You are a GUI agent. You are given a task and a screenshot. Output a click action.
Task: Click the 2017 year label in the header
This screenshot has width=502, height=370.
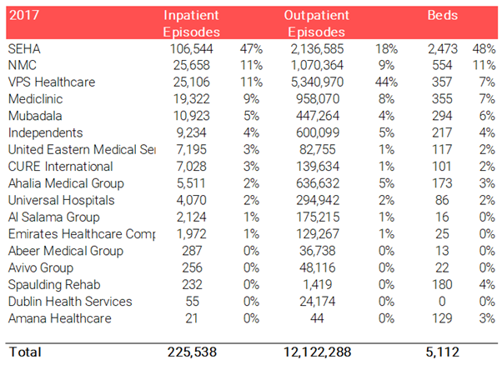24,15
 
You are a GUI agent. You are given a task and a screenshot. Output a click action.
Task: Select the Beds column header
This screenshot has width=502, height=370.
443,15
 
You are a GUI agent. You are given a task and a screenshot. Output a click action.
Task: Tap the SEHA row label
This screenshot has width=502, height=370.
24,49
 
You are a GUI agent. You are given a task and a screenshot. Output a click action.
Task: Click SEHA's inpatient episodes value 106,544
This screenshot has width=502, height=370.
192,49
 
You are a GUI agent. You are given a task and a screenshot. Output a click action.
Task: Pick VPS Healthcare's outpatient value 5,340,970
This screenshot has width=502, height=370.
317,82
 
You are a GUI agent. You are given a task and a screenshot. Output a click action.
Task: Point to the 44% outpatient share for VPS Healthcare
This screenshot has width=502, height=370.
386,82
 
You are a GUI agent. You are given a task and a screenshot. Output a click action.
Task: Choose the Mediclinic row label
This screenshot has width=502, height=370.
35,99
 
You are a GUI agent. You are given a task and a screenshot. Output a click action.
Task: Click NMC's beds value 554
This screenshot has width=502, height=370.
442,65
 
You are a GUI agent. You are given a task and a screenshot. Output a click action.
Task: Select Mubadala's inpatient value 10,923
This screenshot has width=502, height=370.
192,116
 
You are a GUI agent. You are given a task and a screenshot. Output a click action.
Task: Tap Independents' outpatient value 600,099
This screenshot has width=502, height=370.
317,132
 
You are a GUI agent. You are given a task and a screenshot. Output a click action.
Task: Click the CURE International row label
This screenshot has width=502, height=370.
61,167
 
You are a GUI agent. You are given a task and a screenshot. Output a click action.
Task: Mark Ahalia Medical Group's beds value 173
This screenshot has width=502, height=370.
442,183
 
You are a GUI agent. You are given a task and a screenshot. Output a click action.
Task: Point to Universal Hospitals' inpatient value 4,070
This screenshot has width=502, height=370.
192,200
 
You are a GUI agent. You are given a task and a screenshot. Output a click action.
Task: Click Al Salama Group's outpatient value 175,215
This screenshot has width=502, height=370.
317,217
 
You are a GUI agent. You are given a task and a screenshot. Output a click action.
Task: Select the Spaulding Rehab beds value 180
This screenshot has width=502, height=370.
442,284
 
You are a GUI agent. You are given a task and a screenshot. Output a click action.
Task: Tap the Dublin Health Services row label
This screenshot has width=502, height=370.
70,302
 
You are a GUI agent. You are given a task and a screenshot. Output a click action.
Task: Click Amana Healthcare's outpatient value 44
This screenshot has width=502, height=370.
317,318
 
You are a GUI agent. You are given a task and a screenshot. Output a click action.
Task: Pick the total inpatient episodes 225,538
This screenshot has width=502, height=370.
192,352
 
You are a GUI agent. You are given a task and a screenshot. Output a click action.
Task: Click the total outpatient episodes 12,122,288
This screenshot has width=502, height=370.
317,352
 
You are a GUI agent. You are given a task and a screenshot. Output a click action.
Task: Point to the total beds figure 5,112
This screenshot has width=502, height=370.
443,352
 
